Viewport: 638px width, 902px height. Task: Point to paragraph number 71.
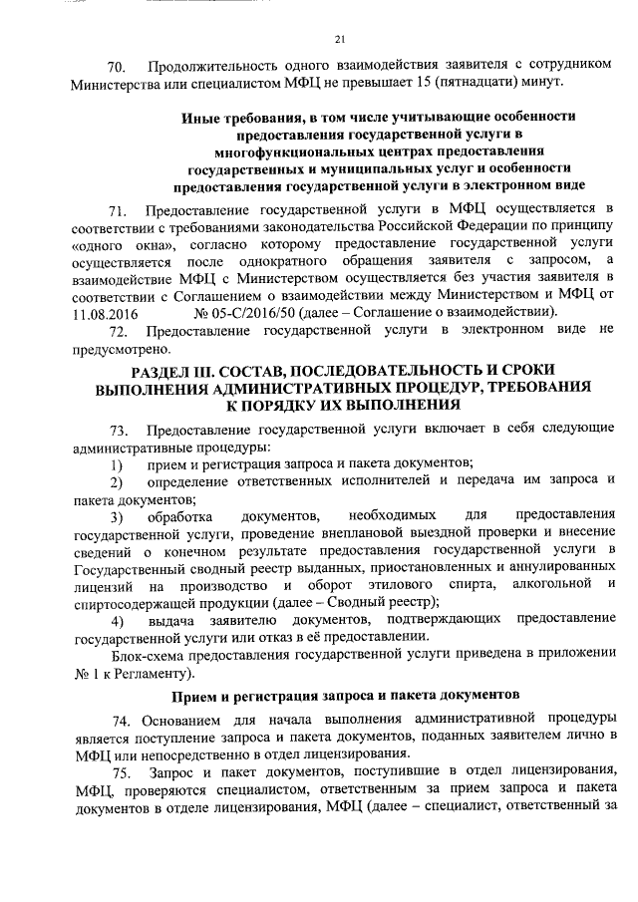[x=118, y=210]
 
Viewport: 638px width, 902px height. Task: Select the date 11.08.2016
[x=110, y=313]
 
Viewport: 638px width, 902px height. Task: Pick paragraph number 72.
[x=118, y=331]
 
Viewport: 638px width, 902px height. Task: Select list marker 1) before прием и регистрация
[x=117, y=464]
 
